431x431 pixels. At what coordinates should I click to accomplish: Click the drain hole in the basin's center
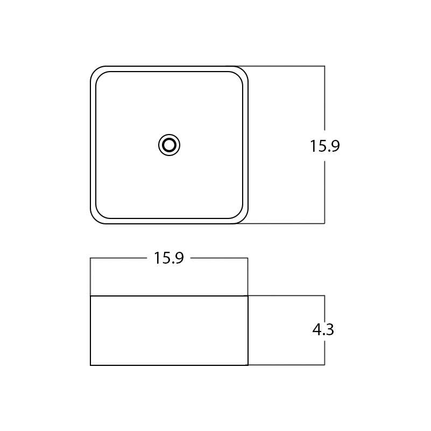tap(169, 145)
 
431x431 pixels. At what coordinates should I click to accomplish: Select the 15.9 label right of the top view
tap(324, 146)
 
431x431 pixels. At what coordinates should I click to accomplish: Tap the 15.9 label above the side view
tap(168, 258)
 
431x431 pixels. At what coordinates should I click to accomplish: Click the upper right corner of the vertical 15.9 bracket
tap(324, 66)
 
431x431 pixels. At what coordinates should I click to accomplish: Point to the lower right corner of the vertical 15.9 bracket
tap(324, 223)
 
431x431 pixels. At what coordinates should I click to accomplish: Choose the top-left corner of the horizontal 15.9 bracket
tap(90, 258)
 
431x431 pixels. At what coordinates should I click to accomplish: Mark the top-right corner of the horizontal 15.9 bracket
tap(248, 258)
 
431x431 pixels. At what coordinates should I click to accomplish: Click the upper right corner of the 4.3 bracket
tap(324, 295)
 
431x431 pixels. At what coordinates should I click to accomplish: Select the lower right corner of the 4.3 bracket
tap(324, 365)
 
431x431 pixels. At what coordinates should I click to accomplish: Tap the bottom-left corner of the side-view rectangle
tap(90, 365)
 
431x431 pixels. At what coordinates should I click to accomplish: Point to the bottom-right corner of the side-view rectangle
tap(248, 365)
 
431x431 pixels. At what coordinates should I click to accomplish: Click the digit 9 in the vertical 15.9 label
tap(334, 146)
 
